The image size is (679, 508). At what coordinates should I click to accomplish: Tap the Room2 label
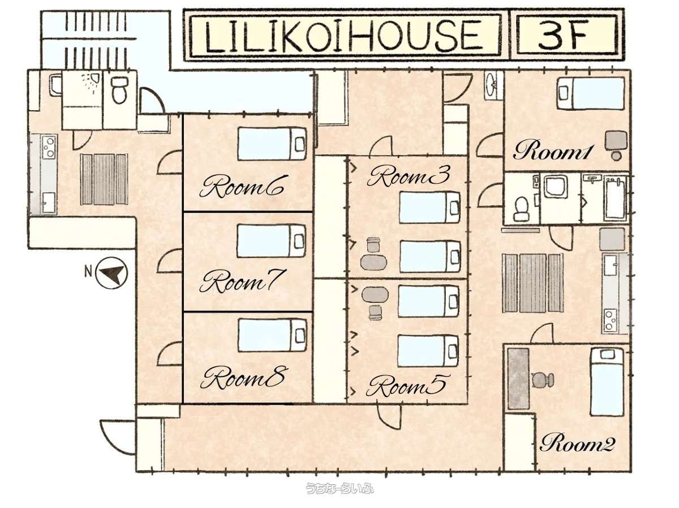[577, 443]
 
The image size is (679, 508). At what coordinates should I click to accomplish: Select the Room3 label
[409, 176]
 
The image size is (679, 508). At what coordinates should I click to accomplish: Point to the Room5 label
[406, 386]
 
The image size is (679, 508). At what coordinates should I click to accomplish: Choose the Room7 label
[240, 281]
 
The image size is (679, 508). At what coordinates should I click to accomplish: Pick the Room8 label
[242, 377]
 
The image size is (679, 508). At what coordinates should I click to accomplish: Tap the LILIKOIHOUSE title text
[343, 36]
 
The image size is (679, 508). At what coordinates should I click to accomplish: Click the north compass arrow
[111, 273]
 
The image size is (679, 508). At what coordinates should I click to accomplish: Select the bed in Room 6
[272, 144]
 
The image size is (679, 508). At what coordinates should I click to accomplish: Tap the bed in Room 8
[272, 335]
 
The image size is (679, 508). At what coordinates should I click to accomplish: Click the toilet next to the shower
[119, 89]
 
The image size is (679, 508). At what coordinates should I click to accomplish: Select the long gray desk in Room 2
[518, 379]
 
